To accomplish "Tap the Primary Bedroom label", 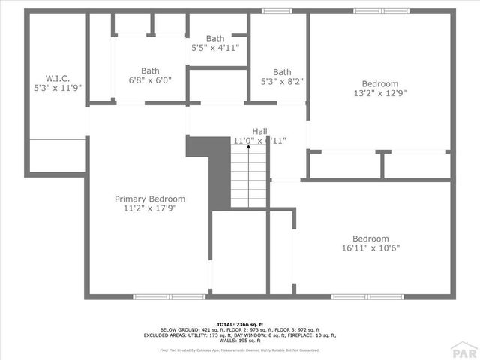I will (150, 199).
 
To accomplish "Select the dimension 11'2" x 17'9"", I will (150, 209).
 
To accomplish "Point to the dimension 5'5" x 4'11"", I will (215, 47).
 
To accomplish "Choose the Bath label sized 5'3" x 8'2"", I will (282, 72).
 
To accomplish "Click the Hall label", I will (259, 130).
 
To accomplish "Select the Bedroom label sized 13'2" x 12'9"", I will (380, 84).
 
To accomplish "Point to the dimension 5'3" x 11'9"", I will (57, 87).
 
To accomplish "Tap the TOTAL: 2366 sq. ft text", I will (240, 323).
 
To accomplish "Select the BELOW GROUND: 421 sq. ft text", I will (192, 329).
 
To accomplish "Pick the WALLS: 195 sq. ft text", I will (239, 341).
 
